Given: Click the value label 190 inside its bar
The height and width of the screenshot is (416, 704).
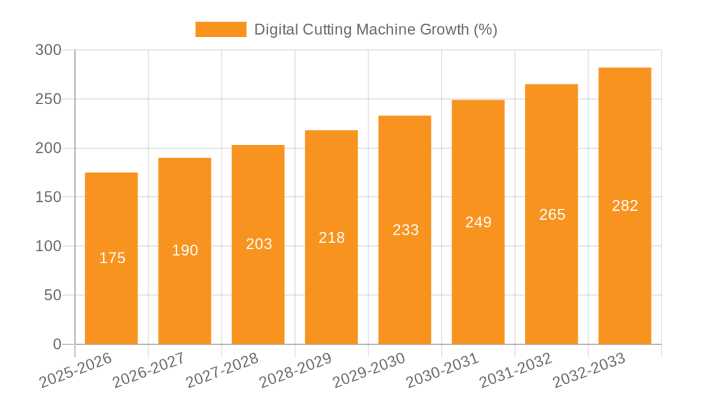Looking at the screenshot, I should click(185, 250).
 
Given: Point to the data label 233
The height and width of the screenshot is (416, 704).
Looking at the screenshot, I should click(405, 230).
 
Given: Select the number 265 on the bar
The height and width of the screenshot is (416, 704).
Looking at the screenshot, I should click(552, 215).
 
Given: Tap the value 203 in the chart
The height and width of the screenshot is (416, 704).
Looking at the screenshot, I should click(259, 244).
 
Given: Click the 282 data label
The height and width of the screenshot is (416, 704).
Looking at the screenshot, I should click(625, 206).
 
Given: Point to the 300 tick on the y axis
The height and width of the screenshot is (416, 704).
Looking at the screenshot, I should click(48, 50).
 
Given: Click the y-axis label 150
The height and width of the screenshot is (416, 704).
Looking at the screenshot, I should click(48, 197).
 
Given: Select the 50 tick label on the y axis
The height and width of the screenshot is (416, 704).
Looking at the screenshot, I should click(53, 295).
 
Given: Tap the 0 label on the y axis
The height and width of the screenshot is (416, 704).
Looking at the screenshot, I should click(57, 344).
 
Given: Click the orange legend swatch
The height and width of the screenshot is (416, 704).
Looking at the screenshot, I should click(221, 30).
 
